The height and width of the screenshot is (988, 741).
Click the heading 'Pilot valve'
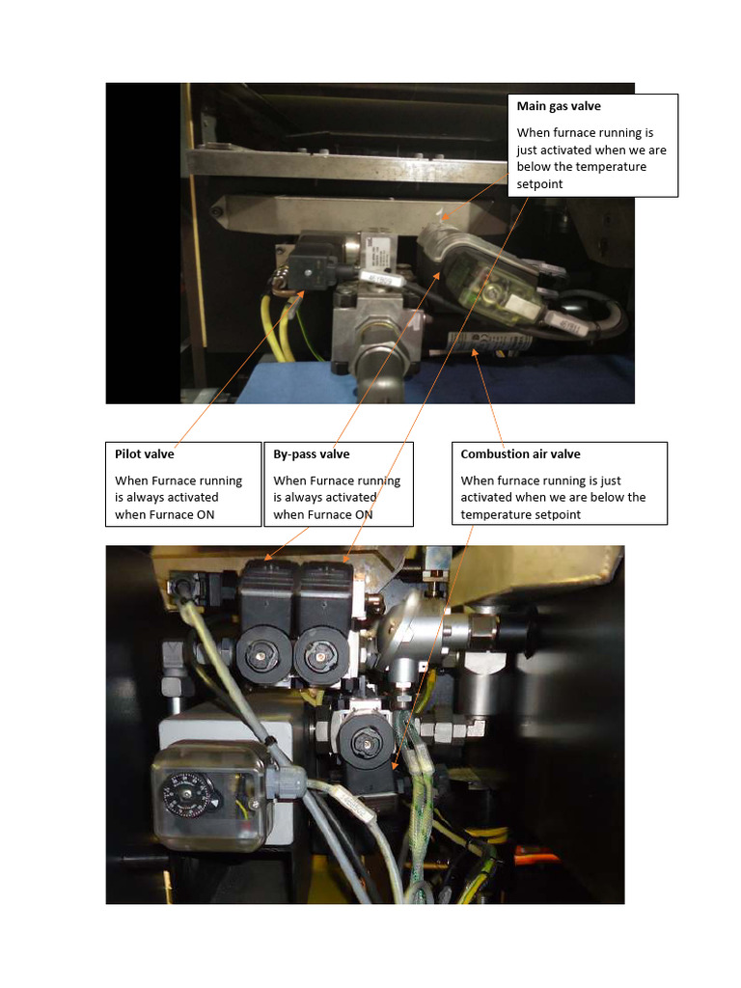(x=145, y=453)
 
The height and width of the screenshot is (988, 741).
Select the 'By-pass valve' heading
(x=312, y=453)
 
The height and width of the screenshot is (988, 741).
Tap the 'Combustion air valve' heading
(x=520, y=453)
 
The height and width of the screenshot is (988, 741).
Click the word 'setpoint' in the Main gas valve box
(x=539, y=184)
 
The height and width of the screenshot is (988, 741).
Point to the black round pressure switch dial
(x=184, y=794)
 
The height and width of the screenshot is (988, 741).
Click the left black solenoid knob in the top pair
(x=261, y=659)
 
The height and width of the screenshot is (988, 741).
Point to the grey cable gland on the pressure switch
(x=288, y=778)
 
